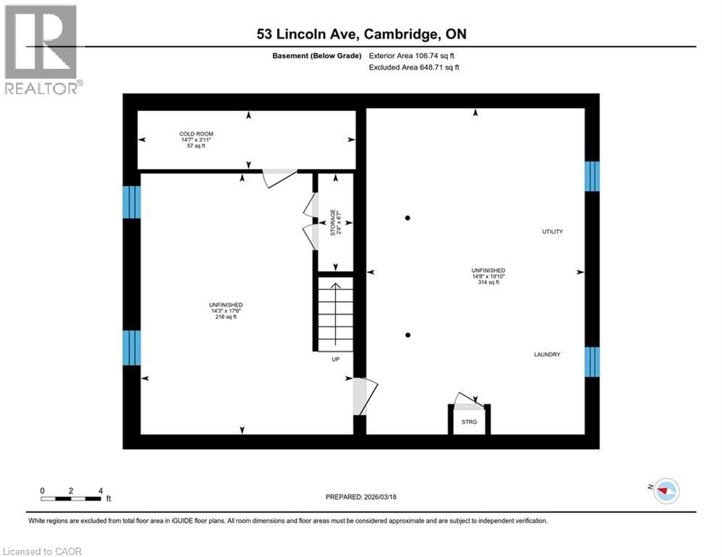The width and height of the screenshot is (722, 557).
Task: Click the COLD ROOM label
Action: pos(197,134)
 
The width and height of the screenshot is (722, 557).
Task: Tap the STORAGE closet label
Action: pos(334,222)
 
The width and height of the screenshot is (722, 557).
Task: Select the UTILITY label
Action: pos(552,231)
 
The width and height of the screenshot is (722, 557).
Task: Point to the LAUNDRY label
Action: pos(547,354)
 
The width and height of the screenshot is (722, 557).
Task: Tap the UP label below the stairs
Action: pos(335,359)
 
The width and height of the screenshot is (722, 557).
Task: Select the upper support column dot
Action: pos(409,218)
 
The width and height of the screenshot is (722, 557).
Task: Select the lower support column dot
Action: pos(409,334)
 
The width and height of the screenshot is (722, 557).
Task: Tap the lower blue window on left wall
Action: pos(131,348)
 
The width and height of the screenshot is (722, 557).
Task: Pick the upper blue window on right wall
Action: pos(592,176)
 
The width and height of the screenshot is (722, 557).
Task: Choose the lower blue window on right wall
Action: pos(592,362)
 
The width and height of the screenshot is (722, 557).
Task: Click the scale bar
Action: pos(71,498)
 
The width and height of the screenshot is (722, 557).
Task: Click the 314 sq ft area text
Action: pos(487,283)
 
